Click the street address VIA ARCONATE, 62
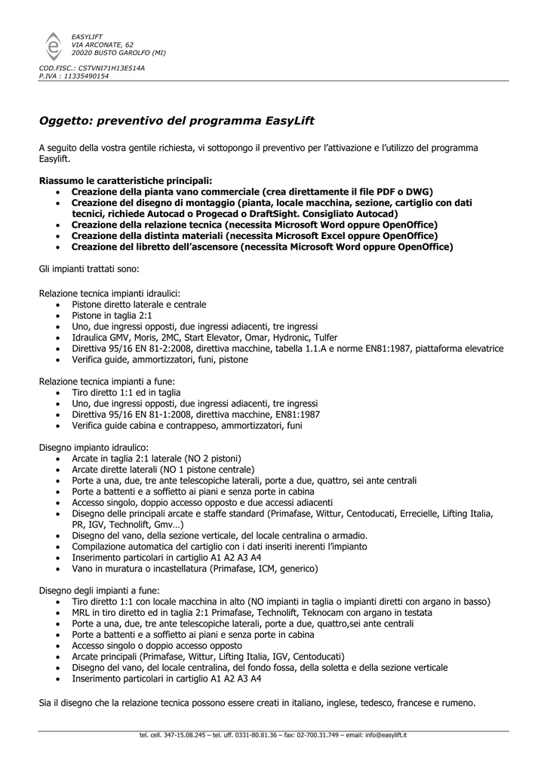coord(102,45)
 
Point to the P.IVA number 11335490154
coord(86,76)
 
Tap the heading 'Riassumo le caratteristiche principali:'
coord(125,181)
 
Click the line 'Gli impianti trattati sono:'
coord(88,268)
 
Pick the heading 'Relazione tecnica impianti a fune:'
coord(106,381)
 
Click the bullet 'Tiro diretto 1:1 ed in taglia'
coord(126,393)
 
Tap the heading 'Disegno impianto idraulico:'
coord(94,448)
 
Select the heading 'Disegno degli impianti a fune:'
coord(99,590)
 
